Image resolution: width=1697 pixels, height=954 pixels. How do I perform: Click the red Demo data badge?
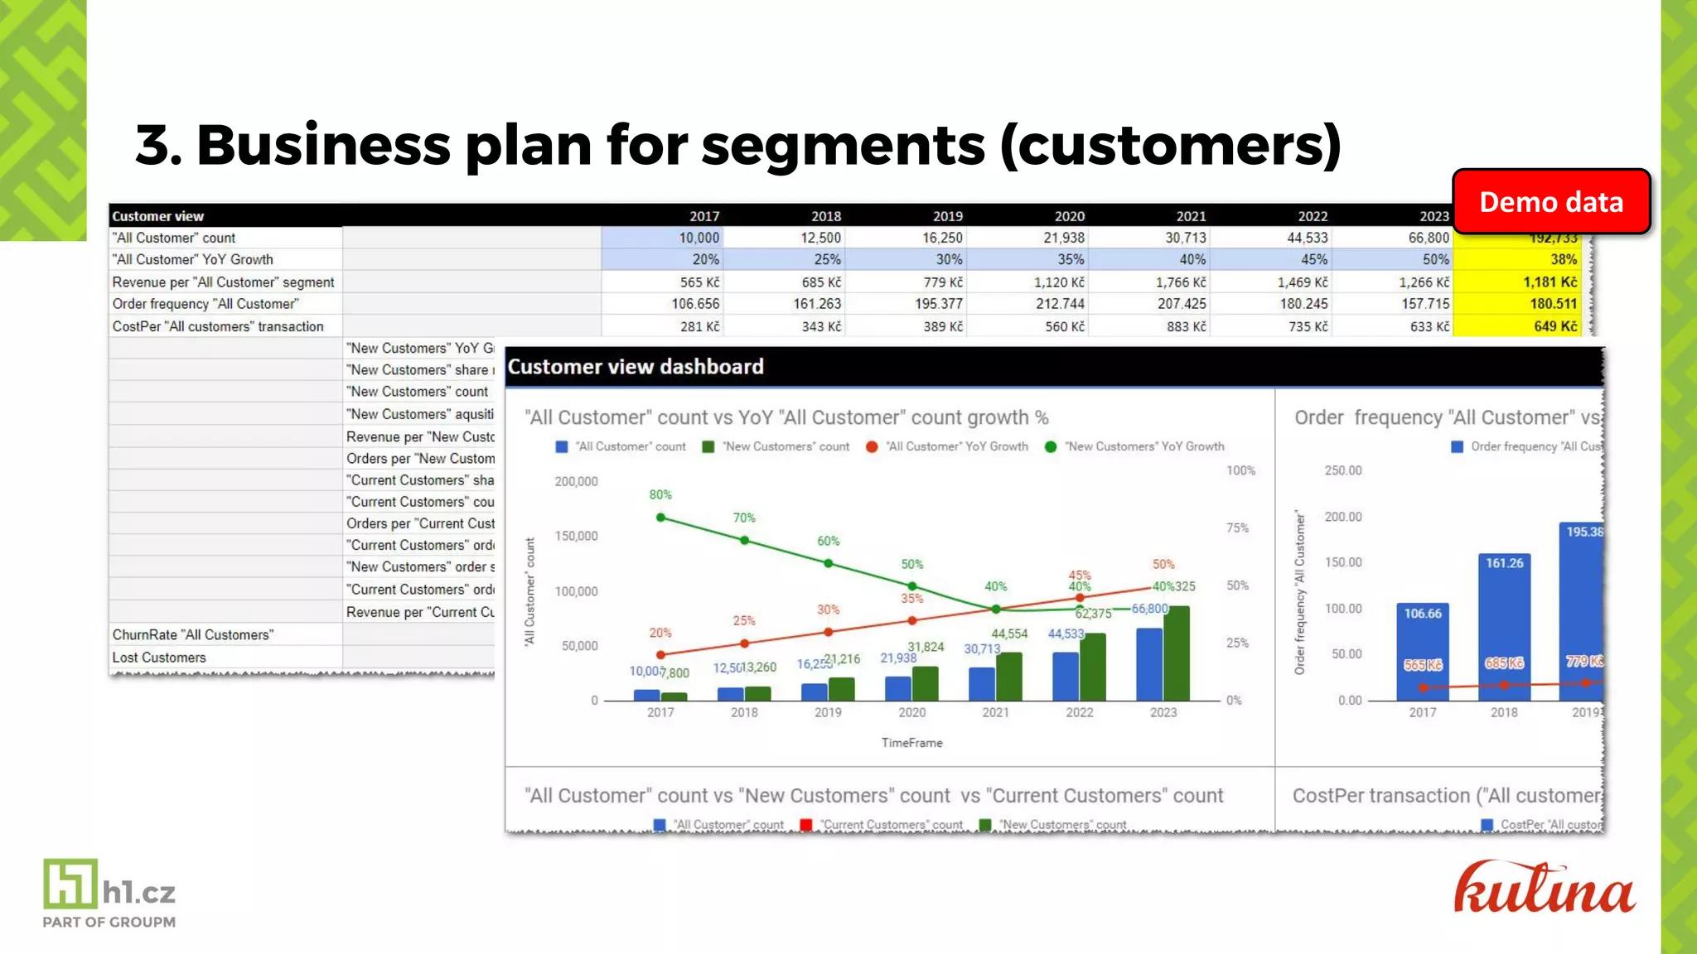(1551, 202)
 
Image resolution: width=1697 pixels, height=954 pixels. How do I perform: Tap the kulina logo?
(1545, 889)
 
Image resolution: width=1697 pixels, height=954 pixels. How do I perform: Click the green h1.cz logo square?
(70, 884)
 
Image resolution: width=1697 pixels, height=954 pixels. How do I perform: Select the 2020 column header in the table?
(1069, 216)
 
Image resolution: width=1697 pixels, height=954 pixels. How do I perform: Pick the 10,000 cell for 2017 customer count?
(699, 238)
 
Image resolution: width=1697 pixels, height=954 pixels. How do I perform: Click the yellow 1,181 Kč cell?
(1550, 282)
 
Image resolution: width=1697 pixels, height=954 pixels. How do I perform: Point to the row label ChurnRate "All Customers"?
(192, 635)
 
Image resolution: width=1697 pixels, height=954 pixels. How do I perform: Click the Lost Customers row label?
(159, 658)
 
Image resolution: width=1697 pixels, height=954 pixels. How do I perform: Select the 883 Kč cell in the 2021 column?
(1186, 326)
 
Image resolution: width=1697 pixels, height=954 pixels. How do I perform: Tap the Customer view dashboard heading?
(636, 367)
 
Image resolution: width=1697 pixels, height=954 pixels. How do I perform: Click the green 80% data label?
(660, 494)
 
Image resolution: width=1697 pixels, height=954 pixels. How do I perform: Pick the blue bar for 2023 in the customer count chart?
(1149, 664)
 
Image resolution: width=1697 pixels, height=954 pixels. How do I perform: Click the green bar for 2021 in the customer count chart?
(1009, 677)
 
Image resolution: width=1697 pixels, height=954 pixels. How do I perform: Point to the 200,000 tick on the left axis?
(576, 481)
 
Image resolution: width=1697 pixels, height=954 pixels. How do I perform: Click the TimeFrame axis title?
(911, 743)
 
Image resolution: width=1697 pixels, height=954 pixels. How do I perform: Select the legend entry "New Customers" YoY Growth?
(1143, 446)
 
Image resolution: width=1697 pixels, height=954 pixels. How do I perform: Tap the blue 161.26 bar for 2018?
(1504, 625)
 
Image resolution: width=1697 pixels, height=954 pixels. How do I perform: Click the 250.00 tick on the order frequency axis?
(1342, 470)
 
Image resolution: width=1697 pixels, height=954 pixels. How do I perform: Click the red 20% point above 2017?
(660, 654)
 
